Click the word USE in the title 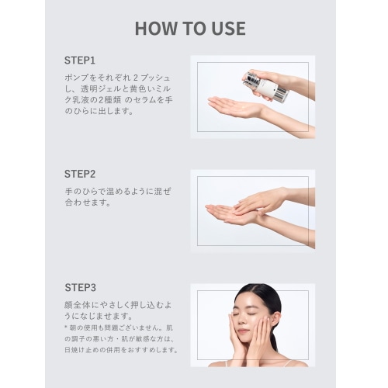pyautogui.click(x=229, y=28)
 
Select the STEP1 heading pyautogui.click(x=80, y=61)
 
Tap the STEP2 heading pyautogui.click(x=80, y=174)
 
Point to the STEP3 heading pyautogui.click(x=80, y=288)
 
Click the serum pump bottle pyautogui.click(x=265, y=87)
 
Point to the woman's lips pyautogui.click(x=243, y=331)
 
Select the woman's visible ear pyautogui.click(x=275, y=320)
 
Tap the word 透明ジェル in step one pyautogui.click(x=101, y=88)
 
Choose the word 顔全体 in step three pyautogui.click(x=77, y=305)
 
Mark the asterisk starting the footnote pyautogui.click(x=66, y=327)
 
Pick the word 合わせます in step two pyautogui.click(x=88, y=203)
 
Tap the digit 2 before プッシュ pyautogui.click(x=136, y=78)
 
